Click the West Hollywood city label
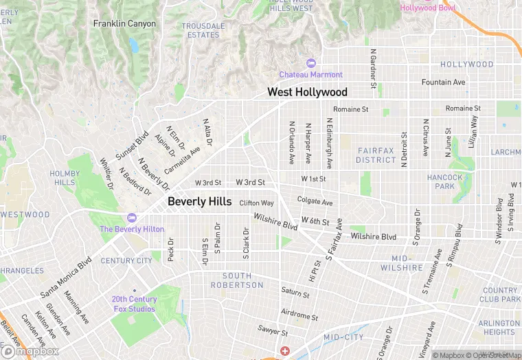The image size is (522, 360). tap(307, 92)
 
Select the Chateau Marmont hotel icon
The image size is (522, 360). tap(310, 63)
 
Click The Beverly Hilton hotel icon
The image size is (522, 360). tap(133, 218)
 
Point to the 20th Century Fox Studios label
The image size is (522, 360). tap(135, 304)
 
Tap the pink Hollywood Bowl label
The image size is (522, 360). tap(427, 8)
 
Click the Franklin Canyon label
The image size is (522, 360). tap(124, 23)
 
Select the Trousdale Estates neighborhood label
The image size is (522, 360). tap(203, 30)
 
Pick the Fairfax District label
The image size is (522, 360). tap(376, 155)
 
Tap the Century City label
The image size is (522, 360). tap(126, 261)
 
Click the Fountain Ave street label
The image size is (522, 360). tap(443, 82)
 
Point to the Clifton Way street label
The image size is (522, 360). tap(256, 203)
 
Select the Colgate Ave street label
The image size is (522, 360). tap(315, 202)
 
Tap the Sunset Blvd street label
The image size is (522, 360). tap(133, 147)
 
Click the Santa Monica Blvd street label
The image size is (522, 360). tap(66, 278)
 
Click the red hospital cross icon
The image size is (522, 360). tap(284, 351)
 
